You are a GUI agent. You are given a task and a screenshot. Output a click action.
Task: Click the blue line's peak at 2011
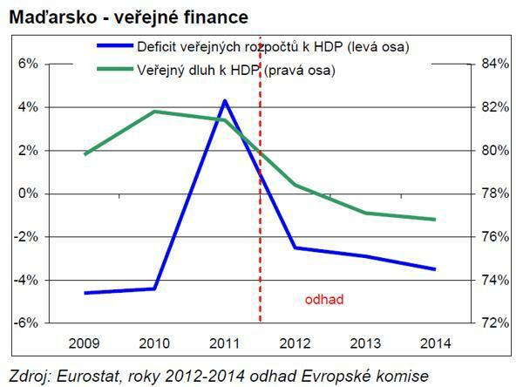pyautogui.click(x=225, y=101)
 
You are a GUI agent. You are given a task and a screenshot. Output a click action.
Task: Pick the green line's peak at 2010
pyautogui.click(x=154, y=112)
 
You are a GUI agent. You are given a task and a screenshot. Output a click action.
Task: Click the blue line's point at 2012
pyautogui.click(x=295, y=248)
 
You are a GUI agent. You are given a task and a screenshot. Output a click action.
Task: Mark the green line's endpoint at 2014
pyautogui.click(x=434, y=220)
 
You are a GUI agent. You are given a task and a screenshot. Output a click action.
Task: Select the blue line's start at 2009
pyautogui.click(x=85, y=293)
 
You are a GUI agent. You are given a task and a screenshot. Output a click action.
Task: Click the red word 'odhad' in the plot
pyautogui.click(x=324, y=300)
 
